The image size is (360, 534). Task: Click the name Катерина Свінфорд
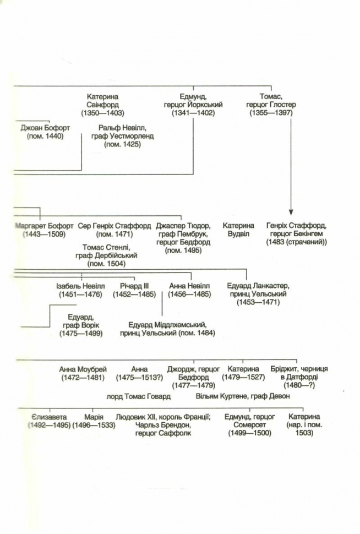pos(102,101)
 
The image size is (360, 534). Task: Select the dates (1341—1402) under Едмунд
pos(193,113)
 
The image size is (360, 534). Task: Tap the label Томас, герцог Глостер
pos(271,101)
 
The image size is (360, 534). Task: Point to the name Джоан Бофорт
pos(45,128)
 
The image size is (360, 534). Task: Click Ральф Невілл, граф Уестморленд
pos(123,132)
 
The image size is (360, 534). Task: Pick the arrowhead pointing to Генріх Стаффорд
pos(291,212)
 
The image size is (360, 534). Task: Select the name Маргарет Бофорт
pos(44,226)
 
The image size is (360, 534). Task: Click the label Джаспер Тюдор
pos(183,226)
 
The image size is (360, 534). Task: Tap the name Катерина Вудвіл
pos(238,230)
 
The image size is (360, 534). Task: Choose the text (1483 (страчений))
pos(297,242)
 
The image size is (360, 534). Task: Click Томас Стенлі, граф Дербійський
pos(107,252)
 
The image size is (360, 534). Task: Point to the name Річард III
pos(134,286)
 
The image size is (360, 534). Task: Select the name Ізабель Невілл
pos(81,286)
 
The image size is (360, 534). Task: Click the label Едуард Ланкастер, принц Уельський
pos(258,290)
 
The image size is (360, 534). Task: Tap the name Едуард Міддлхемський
pos(167,325)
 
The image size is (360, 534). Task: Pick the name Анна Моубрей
pos(83,369)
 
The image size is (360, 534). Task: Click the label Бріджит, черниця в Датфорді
pos(299,373)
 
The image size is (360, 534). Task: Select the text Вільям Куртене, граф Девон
pos(243,396)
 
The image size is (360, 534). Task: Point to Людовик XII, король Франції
pos(163,417)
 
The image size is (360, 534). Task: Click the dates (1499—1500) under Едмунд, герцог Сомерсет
pos(250,433)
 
